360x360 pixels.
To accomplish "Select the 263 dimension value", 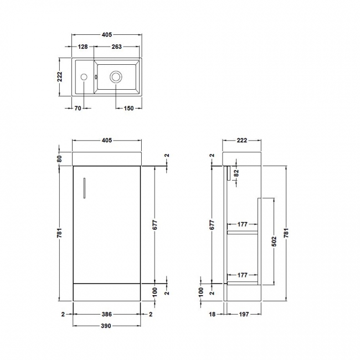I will tap(116, 47).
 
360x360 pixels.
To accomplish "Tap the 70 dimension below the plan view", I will tap(78, 109).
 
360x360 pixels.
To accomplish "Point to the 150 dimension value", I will tap(128, 109).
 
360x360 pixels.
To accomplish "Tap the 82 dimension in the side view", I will tap(236, 173).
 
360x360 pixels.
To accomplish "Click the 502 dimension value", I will tap(274, 242).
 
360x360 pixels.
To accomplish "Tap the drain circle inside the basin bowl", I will tap(116, 78).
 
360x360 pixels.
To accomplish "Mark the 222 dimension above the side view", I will tap(241, 141).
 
